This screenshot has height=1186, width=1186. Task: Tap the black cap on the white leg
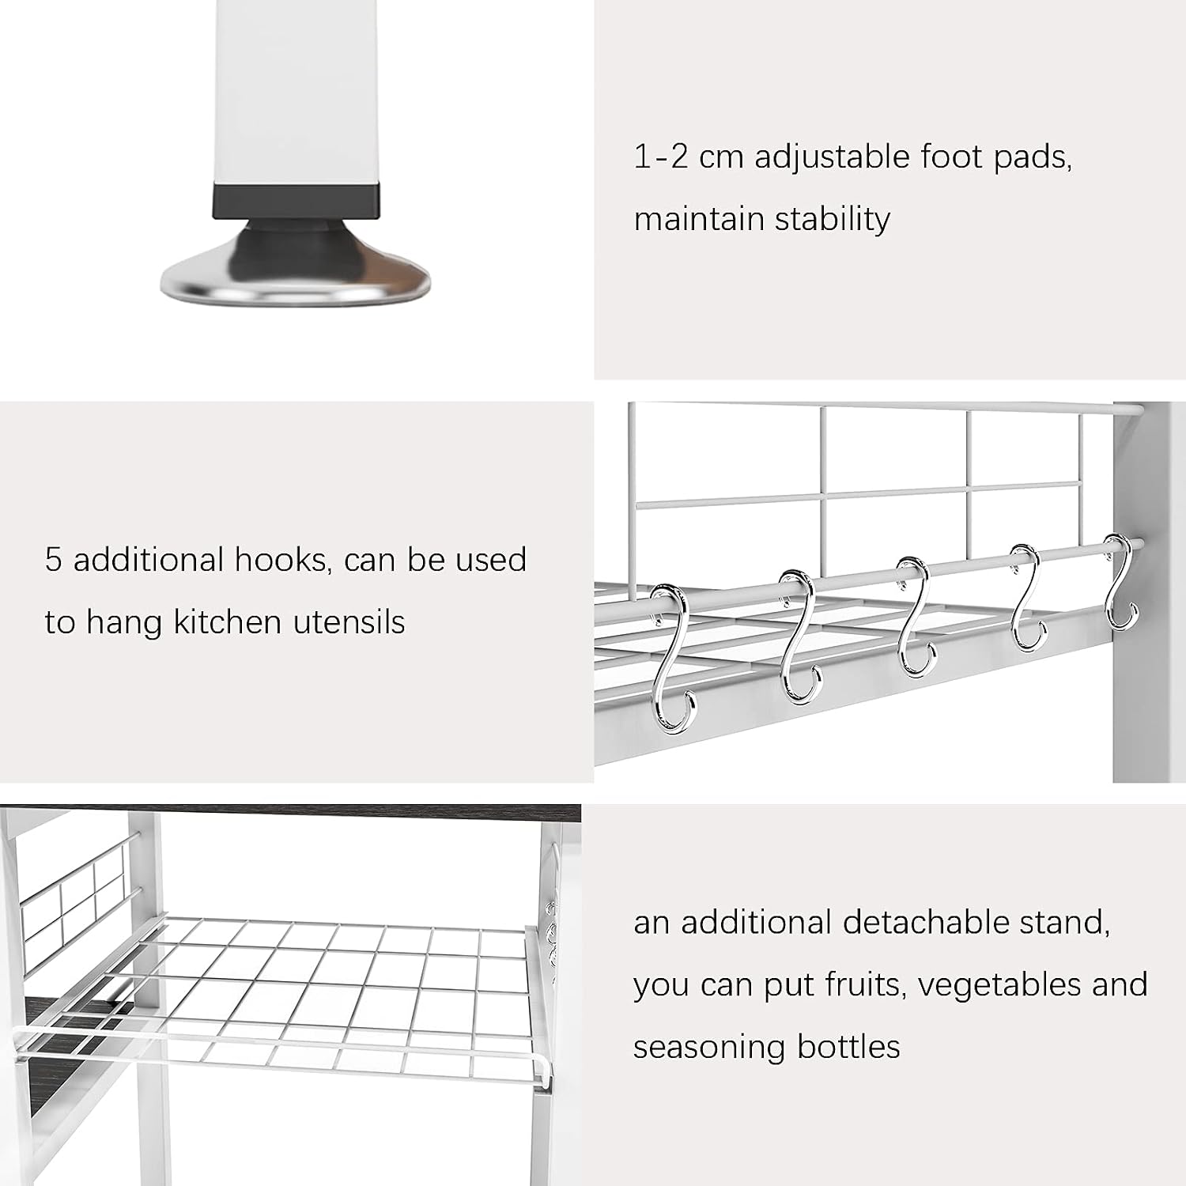296,201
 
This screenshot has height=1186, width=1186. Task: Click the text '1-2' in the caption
661,157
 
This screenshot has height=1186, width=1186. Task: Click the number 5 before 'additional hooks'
53,560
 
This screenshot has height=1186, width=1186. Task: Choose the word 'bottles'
848,1048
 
